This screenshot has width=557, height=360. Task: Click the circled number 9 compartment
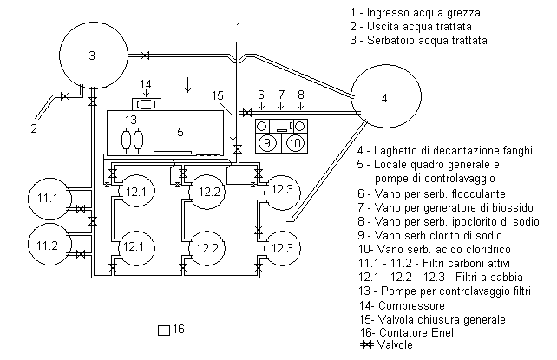pos(267,143)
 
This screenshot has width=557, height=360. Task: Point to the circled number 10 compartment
pos(295,143)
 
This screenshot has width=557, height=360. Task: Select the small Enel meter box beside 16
pos(164,331)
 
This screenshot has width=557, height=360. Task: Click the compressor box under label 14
pos(147,104)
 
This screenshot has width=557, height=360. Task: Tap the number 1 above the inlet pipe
pos(239,27)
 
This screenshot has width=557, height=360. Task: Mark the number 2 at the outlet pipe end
pos(34,128)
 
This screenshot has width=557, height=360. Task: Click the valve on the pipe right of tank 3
pos(145,56)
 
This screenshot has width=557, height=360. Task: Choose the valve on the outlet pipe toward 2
pos(65,96)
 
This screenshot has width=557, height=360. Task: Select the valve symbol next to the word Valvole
pos(366,344)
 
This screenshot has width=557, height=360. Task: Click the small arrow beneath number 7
pos(281,106)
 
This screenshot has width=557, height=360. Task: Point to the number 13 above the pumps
pos(131,120)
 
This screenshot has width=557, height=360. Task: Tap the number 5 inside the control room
pos(180,132)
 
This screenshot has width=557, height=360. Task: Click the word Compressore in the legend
pos(411,306)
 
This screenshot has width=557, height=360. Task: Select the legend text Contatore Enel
pos(416,332)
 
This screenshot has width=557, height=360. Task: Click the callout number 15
pos(218,95)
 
